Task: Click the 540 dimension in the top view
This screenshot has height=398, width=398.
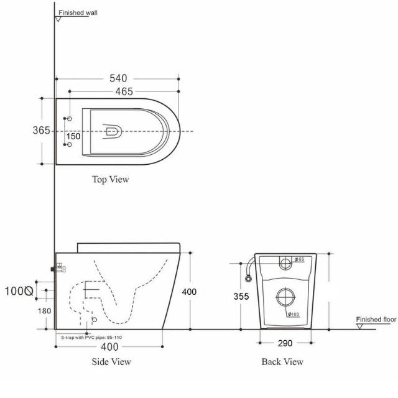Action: [x=118, y=78]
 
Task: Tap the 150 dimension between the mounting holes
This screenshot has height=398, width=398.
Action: [x=73, y=136]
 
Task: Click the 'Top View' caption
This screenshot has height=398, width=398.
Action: [x=110, y=180]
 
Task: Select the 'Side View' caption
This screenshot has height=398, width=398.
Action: [x=113, y=361]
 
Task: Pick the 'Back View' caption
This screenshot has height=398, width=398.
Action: [x=283, y=361]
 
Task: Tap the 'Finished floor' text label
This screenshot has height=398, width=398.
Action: [x=376, y=319]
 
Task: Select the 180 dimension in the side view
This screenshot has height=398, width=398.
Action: [x=44, y=311]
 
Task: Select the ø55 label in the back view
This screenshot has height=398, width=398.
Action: [x=298, y=259]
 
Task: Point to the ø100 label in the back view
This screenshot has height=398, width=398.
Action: [x=293, y=314]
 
